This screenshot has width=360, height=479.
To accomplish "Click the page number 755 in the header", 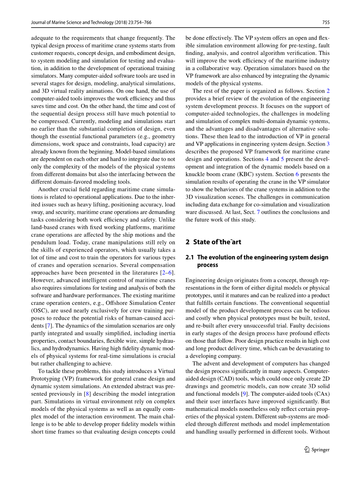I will point(326,23).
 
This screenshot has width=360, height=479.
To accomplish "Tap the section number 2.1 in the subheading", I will point(190,257).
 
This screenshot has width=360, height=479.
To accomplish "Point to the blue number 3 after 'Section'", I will point(328,144).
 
